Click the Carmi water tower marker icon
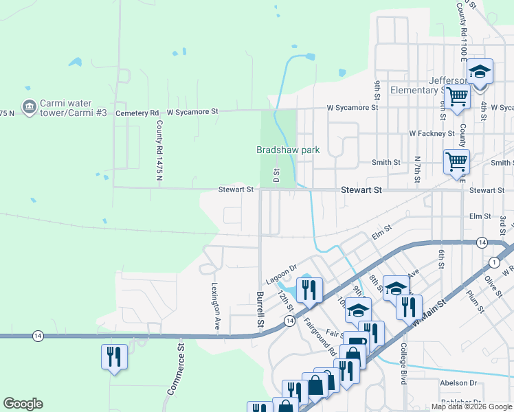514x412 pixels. (28, 106)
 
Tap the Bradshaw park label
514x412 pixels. (288, 149)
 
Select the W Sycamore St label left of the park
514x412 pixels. (192, 111)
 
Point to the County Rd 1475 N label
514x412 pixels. (159, 150)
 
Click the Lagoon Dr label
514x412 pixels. (282, 268)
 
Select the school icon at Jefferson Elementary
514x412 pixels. (481, 71)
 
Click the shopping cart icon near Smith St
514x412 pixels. (456, 162)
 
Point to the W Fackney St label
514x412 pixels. (432, 133)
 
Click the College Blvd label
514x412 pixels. (404, 363)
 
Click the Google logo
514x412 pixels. (23, 404)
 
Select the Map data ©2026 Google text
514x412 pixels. (471, 407)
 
